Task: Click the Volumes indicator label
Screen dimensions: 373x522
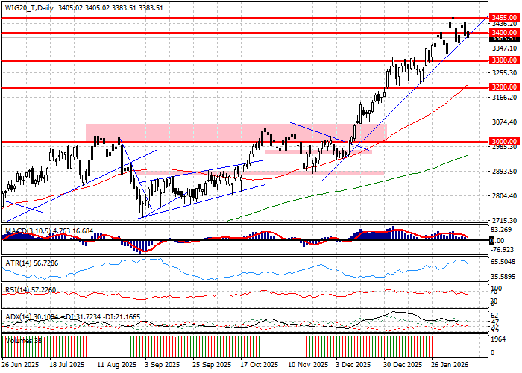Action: [x=22, y=339]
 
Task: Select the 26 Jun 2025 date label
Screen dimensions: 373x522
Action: [x=19, y=366]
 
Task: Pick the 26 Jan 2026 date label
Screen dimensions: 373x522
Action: [x=448, y=366]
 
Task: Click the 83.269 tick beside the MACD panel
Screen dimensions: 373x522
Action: [x=500, y=231]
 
